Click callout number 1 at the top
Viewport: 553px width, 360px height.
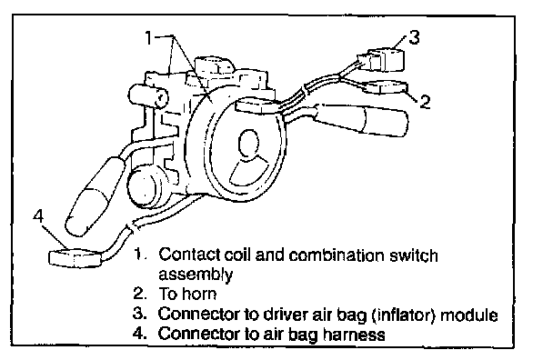(149, 37)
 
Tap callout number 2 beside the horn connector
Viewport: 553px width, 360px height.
(425, 101)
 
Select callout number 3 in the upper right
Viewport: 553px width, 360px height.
(414, 37)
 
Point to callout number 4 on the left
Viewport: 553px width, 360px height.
(38, 215)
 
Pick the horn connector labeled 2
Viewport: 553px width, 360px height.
(385, 87)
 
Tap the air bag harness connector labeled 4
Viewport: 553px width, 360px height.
(75, 258)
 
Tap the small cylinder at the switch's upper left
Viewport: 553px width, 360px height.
(148, 95)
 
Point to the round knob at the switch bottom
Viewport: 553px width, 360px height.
(145, 188)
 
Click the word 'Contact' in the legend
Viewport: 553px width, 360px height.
(189, 255)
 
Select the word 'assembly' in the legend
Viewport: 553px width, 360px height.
(196, 275)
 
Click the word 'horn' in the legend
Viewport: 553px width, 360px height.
(199, 294)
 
